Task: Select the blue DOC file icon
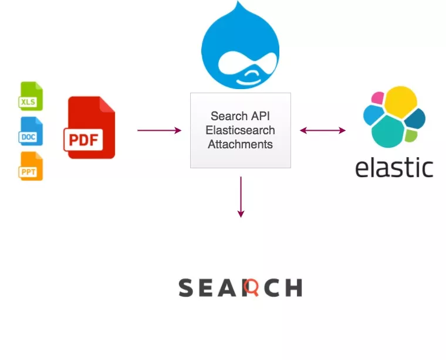(x=30, y=131)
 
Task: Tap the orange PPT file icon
(x=30, y=166)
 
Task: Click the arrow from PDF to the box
(x=159, y=130)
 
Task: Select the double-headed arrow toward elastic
(x=323, y=130)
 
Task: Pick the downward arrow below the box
(x=241, y=197)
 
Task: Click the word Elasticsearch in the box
(x=241, y=130)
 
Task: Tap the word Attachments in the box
(x=241, y=144)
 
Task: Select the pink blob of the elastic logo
(x=377, y=98)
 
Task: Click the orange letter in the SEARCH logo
(x=251, y=287)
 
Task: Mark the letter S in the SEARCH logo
(x=186, y=288)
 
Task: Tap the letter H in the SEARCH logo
(x=294, y=288)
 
